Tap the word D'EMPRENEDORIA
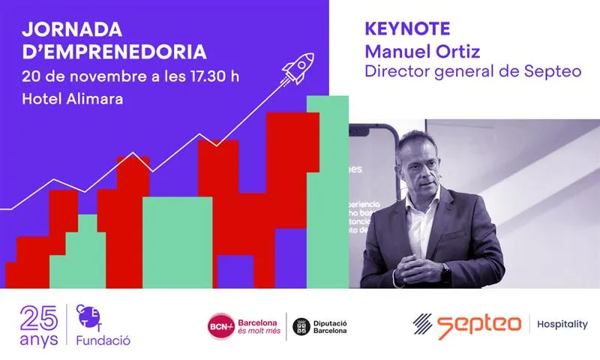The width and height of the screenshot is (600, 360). coord(113,52)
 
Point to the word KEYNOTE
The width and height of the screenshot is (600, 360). coord(406,29)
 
